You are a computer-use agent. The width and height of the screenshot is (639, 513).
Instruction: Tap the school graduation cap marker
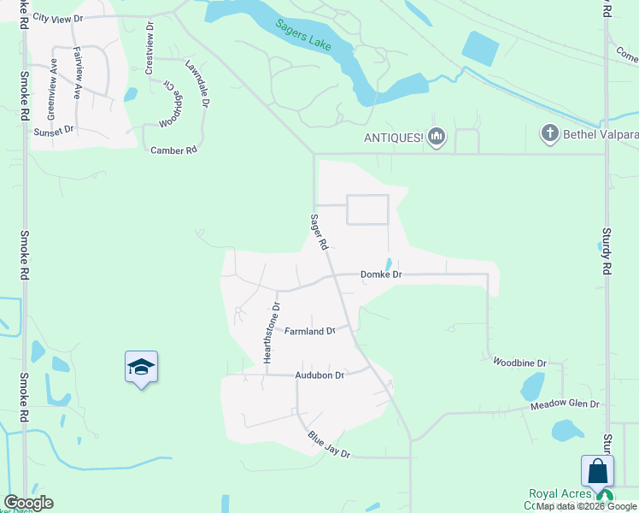tap(141, 367)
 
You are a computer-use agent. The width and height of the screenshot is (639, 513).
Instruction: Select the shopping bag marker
tap(597, 471)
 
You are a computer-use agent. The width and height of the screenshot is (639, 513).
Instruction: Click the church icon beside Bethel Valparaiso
tap(550, 133)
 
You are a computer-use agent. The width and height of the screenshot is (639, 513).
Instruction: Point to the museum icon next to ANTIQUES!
tap(437, 136)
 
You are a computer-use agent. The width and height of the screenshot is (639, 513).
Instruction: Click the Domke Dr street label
tap(381, 274)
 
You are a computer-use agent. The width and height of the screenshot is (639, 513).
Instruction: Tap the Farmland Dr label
tap(309, 330)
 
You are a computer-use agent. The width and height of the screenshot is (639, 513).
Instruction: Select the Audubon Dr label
tap(319, 374)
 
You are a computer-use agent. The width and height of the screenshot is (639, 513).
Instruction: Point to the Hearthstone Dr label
tap(272, 333)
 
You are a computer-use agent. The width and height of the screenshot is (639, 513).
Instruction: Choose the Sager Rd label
tap(319, 232)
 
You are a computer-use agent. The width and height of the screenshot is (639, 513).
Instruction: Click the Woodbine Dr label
tap(519, 363)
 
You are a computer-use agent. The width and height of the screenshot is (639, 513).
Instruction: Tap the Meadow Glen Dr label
tap(566, 404)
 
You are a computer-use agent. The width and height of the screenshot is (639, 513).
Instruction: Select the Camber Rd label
tap(174, 150)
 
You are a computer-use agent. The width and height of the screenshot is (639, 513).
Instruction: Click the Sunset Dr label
tap(55, 132)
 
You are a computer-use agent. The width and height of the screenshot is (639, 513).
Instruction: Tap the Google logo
tap(29, 503)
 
